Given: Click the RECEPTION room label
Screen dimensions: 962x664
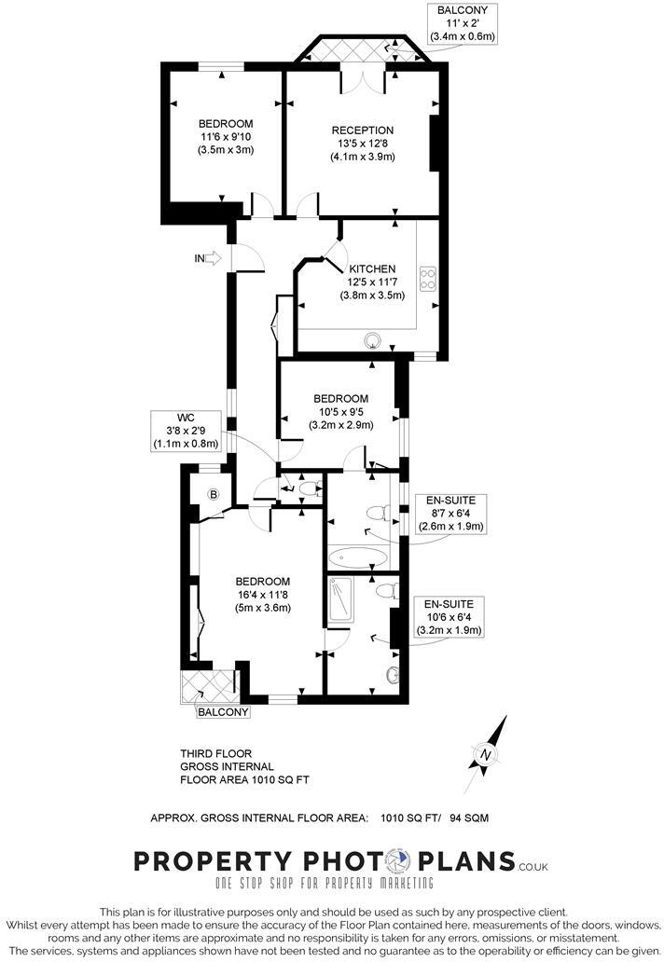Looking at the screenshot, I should point(363,130).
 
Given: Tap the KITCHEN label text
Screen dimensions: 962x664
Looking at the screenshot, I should point(373,268).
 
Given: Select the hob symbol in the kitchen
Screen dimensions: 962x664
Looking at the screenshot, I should point(430,277).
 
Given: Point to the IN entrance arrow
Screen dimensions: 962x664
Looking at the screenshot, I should point(212,258).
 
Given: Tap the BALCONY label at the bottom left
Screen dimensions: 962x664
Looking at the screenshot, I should point(223,713).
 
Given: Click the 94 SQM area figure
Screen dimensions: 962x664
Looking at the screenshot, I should point(467,818).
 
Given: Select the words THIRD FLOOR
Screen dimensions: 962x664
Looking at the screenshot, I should point(215,753).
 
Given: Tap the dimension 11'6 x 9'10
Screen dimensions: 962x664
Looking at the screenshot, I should point(226,136).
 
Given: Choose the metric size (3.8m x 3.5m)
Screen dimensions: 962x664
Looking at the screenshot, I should point(372,295).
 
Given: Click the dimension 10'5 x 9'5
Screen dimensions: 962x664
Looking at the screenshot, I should point(340,412).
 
